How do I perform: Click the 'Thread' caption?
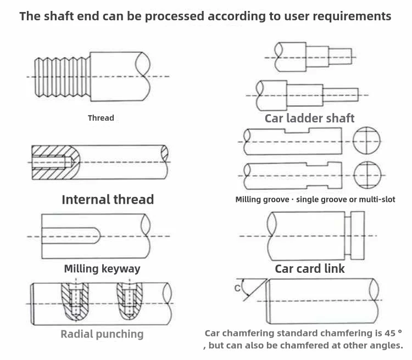[x=101, y=118]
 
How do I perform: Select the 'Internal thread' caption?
[x=108, y=200]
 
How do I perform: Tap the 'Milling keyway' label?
[x=102, y=269]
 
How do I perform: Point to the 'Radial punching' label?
[x=102, y=334]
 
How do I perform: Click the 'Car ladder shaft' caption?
[x=309, y=118]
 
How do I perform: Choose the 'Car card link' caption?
[x=310, y=268]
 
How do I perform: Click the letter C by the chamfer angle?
[x=237, y=288]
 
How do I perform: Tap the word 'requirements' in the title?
[x=352, y=16]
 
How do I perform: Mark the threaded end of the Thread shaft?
[x=63, y=77]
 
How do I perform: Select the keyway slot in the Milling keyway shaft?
[x=71, y=235]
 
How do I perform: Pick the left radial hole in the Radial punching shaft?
[x=76, y=301]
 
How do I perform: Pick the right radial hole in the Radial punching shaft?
[x=130, y=301]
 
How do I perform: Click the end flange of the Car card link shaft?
[x=358, y=235]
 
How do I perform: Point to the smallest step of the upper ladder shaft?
[x=340, y=56]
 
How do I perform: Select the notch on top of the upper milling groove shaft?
[x=297, y=131]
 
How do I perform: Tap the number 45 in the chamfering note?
[x=389, y=333]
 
